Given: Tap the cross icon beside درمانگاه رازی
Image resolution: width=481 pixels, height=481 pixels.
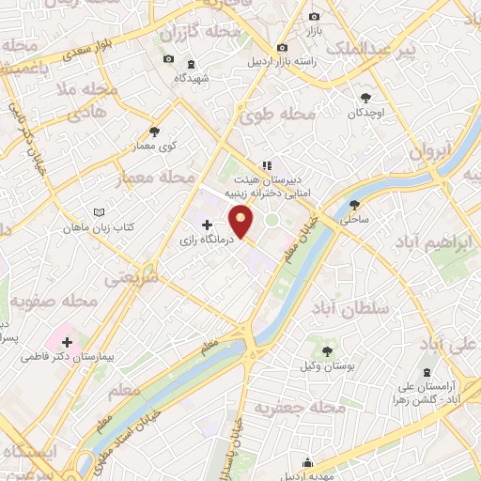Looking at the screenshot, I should (x=207, y=225).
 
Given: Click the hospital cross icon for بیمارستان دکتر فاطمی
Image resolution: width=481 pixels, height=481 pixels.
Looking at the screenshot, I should (x=67, y=341).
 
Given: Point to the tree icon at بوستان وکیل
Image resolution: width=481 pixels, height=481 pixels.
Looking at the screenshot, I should (x=327, y=351).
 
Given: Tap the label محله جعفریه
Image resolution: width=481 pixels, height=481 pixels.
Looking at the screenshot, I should (x=300, y=407).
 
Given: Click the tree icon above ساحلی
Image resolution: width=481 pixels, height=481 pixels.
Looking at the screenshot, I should (x=354, y=206).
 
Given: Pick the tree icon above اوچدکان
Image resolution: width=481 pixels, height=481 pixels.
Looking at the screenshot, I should (x=365, y=97).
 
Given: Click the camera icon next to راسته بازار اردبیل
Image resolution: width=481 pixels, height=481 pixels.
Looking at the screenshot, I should (x=282, y=48).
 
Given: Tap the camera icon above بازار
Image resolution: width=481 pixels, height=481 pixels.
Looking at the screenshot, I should (x=314, y=17).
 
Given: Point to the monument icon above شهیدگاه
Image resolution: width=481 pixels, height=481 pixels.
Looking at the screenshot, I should (x=192, y=64).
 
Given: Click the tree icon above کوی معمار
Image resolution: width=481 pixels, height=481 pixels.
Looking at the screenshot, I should (x=155, y=132).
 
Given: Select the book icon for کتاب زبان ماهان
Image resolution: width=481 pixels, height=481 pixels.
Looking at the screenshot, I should (x=101, y=212).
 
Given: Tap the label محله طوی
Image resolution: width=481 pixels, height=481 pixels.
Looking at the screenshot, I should (x=283, y=116).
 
